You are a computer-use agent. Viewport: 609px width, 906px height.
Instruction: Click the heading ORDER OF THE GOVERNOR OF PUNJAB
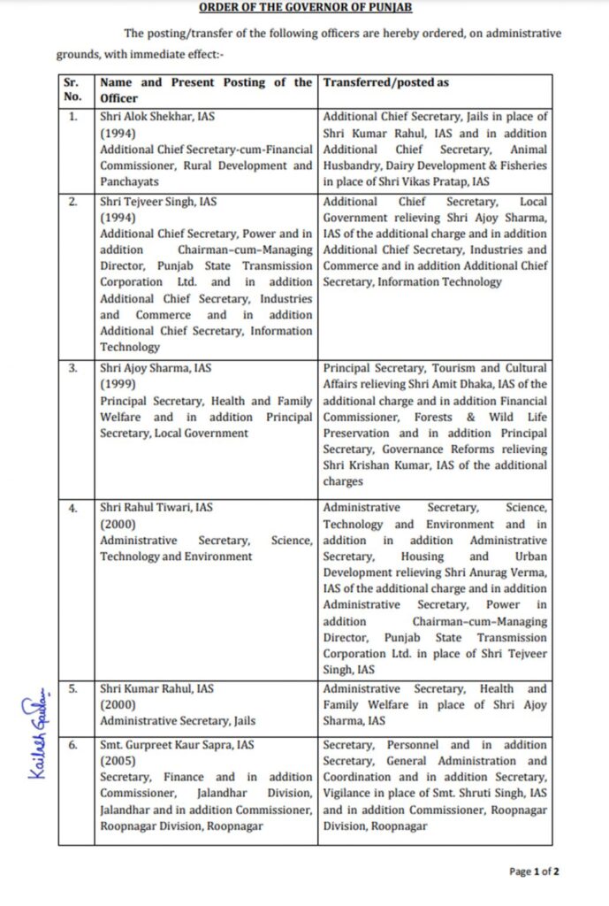[305, 8]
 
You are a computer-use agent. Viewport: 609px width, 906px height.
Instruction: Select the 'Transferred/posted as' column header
[385, 82]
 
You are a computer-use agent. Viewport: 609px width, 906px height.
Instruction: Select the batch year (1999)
[117, 385]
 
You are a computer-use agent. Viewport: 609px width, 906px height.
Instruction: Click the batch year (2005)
[117, 761]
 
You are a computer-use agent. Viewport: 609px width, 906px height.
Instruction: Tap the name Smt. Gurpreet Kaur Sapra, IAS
[177, 745]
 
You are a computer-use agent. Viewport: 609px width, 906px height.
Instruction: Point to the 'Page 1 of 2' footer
[534, 871]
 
